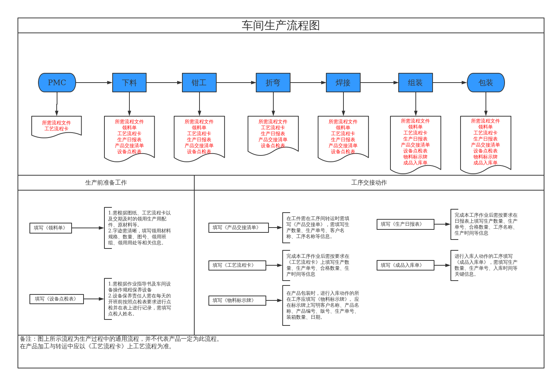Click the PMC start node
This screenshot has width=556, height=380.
57,83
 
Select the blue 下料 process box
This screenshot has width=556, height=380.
129,83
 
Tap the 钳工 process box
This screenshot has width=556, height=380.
199,83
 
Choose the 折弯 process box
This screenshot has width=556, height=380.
273,83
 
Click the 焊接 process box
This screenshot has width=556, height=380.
343,83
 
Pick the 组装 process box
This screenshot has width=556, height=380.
415,83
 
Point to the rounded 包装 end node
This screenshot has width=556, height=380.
486,83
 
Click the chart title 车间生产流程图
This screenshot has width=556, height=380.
280,25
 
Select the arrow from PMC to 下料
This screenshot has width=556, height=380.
94,83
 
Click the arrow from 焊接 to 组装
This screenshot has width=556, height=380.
379,83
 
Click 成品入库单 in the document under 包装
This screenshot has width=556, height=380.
486,163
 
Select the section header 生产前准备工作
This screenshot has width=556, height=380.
106,183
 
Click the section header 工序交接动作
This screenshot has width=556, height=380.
369,183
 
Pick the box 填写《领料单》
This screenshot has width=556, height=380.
51,228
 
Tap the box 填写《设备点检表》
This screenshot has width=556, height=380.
57,299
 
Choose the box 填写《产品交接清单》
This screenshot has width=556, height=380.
238,228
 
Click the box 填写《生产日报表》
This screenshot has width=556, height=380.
405,224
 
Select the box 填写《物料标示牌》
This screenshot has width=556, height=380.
237,300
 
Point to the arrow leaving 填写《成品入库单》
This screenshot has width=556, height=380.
442,265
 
